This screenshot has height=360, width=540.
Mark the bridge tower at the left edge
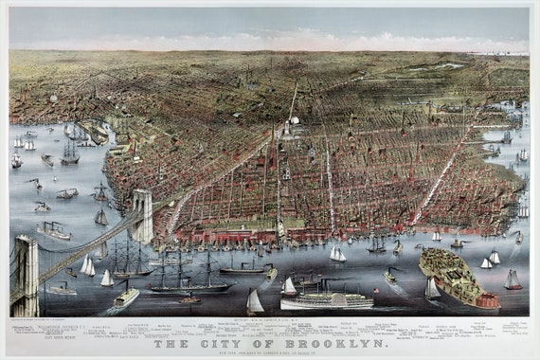(x=26, y=275)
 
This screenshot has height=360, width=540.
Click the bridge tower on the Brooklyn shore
(x=141, y=215)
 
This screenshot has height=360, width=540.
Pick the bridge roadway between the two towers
(x=85, y=246)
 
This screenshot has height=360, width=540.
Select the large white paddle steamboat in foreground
(x=326, y=300)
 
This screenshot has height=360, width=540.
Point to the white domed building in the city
(x=294, y=120)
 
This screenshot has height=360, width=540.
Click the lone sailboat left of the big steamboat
(x=254, y=302)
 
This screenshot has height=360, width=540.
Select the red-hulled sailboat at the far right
(x=513, y=281)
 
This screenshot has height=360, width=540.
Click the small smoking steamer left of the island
(x=389, y=276)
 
